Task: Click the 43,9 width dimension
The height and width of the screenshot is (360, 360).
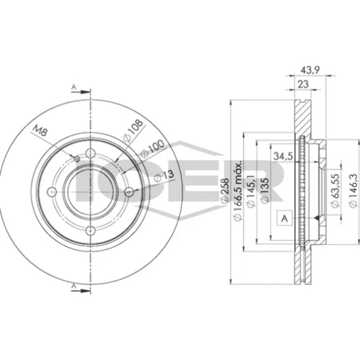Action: pos(310,71)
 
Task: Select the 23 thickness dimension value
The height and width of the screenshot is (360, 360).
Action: pos(303,84)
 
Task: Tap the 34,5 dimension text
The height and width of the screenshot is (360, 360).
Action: pos(284,156)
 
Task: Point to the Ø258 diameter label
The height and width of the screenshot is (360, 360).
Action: pos(225,191)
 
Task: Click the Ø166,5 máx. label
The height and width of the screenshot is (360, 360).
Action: pos(238,190)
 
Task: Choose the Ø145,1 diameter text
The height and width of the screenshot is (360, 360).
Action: pos(251,190)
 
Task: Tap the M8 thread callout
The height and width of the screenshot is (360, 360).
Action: pos(40,131)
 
